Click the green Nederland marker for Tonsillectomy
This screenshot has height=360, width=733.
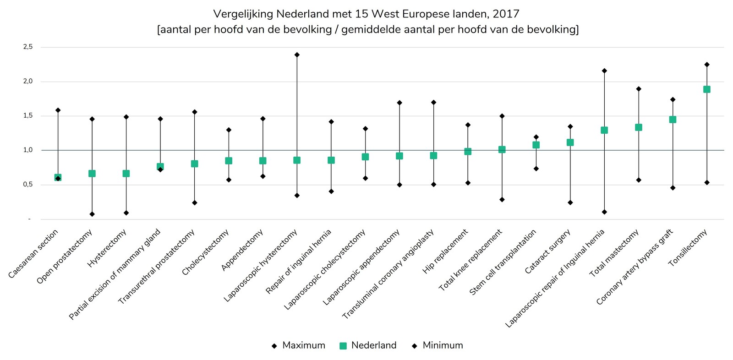(x=706, y=89)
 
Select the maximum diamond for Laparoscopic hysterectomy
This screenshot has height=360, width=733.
(x=297, y=55)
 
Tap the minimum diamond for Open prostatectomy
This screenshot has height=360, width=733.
(x=92, y=214)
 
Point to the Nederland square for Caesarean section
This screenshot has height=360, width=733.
(x=58, y=177)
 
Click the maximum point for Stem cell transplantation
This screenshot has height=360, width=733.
(x=536, y=137)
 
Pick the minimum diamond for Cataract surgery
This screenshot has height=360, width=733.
(x=570, y=202)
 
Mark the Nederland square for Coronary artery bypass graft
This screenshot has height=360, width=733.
(x=673, y=120)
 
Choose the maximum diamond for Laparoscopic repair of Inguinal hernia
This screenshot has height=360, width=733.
(x=604, y=71)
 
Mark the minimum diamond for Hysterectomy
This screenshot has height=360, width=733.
(x=126, y=213)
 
